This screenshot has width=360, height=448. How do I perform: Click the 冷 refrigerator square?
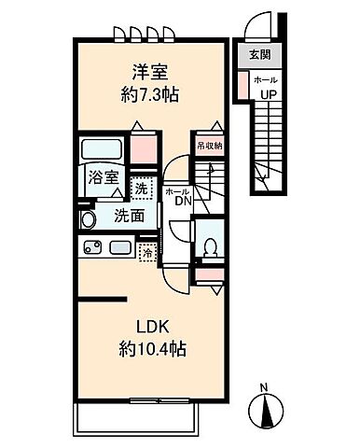146,252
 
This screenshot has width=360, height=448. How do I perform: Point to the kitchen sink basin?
119,249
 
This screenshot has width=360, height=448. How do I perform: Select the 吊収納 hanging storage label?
208,145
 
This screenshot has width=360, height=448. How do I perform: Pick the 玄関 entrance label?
258,54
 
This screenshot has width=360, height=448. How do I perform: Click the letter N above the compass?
264,387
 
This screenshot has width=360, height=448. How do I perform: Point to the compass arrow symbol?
264,411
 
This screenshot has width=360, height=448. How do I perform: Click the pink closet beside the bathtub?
145,149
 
